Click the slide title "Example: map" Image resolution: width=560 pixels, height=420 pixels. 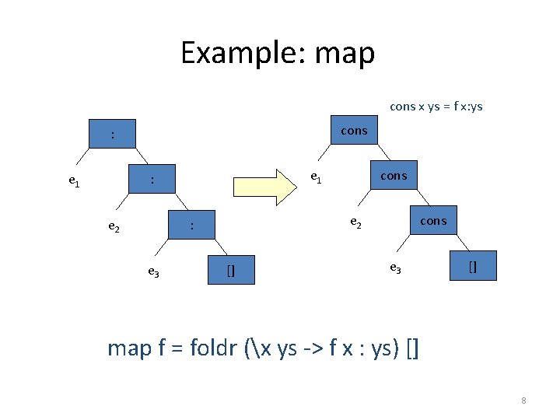pos(278,53)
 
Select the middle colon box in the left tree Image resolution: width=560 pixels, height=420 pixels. pos(152,180)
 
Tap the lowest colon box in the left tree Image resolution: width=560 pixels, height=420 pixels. pos(192,226)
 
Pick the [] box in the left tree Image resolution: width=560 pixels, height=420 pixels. pos(231,270)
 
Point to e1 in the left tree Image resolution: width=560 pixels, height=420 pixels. pos(73,182)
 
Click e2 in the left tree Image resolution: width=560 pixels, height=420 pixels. pos(114,227)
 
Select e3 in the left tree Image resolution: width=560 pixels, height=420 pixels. pos(154,271)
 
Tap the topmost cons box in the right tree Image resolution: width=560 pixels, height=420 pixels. pos(354,131)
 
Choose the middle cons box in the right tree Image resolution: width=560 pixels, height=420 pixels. pos(394,176)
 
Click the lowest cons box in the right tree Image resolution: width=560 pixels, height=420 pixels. pos(433,221)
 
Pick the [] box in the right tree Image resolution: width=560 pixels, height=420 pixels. pos(473,265)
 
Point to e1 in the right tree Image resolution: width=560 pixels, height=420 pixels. pos(316,177)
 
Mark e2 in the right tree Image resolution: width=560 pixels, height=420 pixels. pos(355,222)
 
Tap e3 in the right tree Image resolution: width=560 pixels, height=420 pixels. pos(395,268)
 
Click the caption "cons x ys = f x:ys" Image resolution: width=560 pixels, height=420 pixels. pos(436,106)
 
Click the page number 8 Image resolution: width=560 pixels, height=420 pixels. pos(523,401)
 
